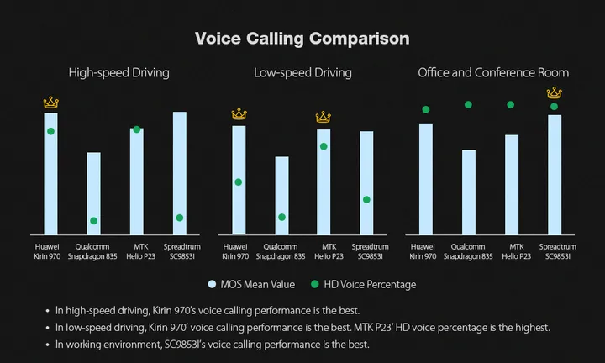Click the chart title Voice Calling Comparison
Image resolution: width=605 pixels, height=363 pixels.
pos(302,39)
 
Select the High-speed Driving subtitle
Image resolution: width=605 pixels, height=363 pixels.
pos(118,73)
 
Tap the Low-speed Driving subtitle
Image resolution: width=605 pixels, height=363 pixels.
pos(302,73)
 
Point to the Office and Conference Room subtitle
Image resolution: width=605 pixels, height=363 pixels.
pos(493,73)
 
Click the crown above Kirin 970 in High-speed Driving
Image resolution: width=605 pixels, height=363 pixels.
pos(50,103)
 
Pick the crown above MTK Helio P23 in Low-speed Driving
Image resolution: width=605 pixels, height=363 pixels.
pos(324,117)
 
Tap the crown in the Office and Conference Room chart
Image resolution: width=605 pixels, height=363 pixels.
pos(554,92)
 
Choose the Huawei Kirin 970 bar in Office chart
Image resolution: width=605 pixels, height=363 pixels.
pos(426,178)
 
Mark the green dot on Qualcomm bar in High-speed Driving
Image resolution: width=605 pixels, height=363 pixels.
pos(93,221)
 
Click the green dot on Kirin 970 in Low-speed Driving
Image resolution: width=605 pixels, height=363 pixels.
pos(239,181)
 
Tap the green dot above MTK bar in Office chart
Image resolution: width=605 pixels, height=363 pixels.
pos(510,105)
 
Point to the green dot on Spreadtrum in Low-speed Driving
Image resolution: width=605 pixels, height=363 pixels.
pos(366,199)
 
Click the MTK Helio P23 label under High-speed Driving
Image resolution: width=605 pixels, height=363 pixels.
pos(140,251)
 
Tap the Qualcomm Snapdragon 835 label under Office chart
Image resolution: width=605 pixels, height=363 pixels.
pos(468,251)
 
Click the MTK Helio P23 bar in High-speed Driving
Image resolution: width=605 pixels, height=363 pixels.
pos(136,181)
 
